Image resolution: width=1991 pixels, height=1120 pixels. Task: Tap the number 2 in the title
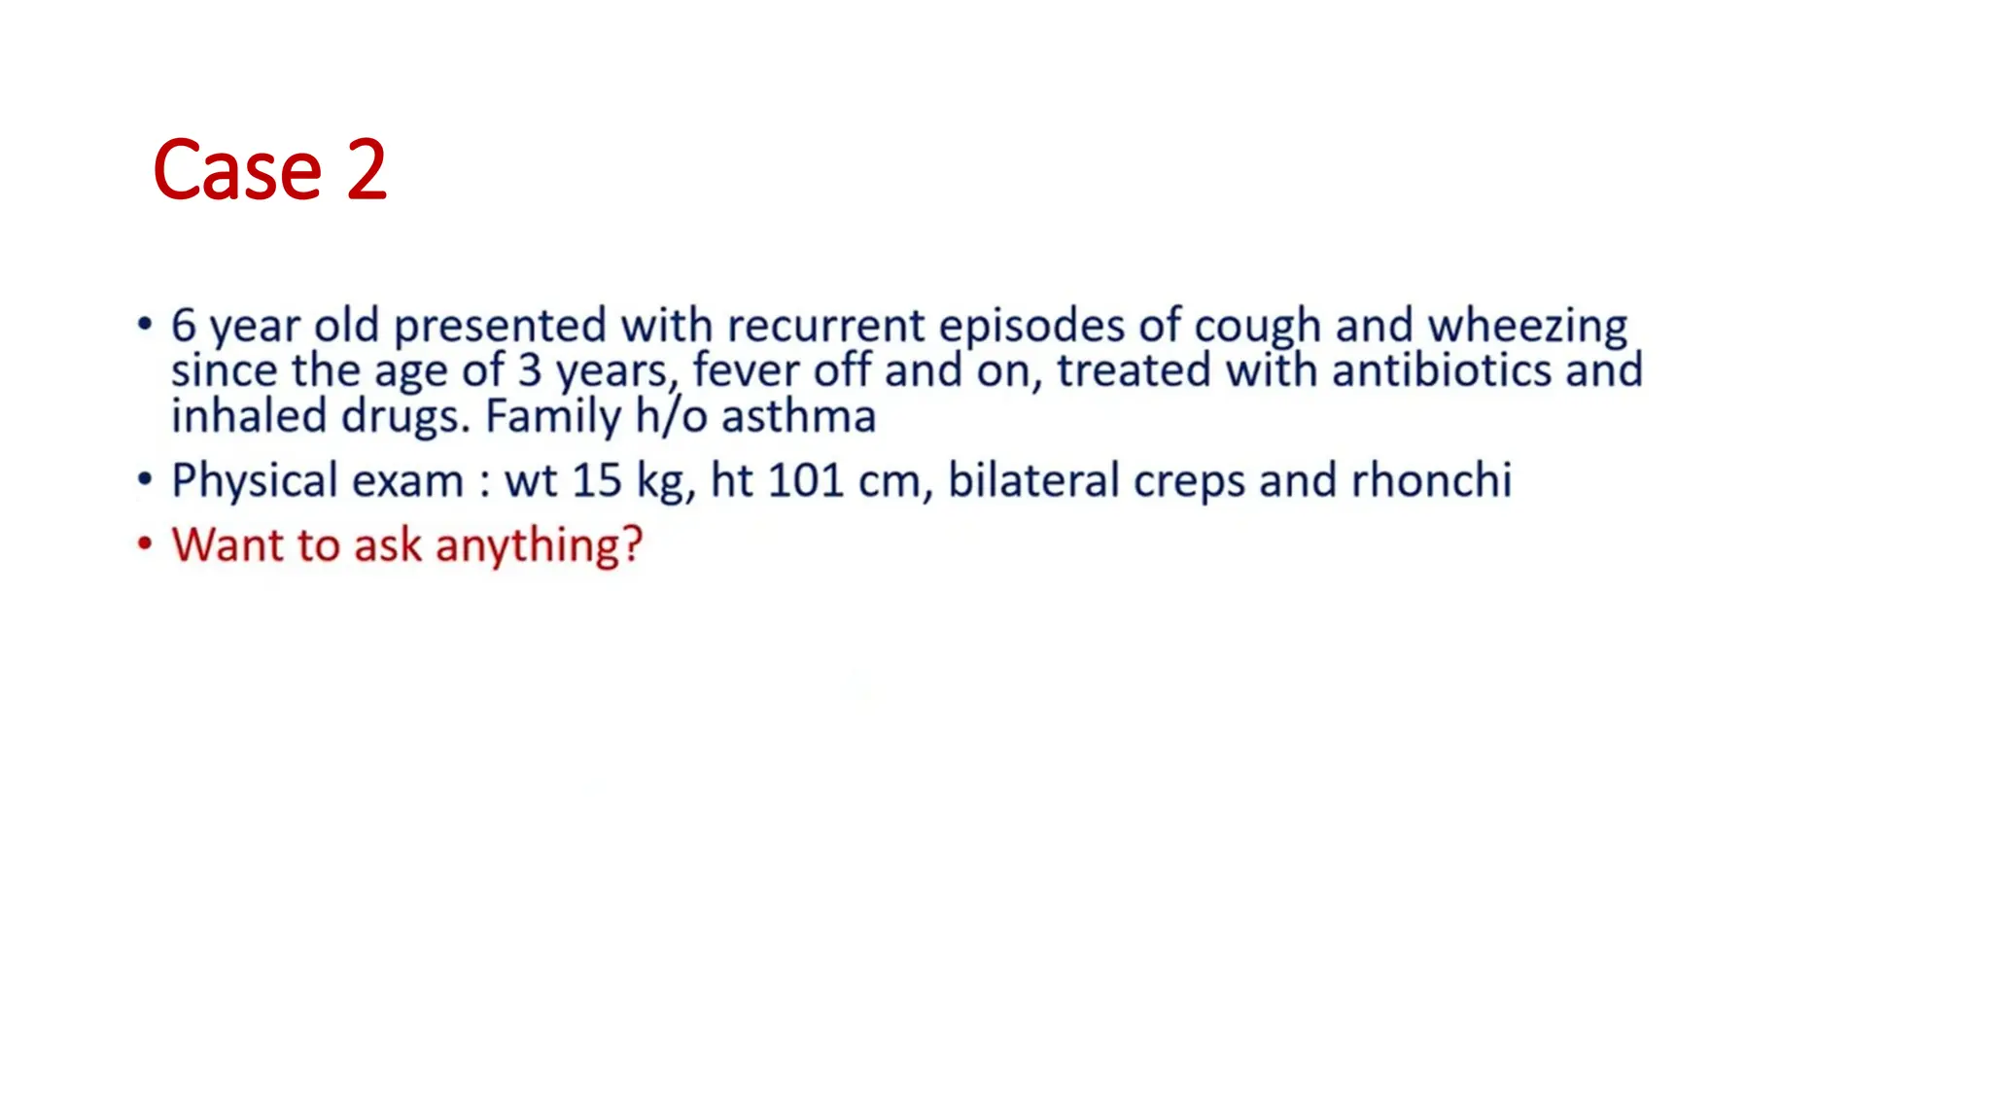[367, 171]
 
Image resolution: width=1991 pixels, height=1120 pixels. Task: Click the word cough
[1257, 327]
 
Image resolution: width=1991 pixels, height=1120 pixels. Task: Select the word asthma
[798, 417]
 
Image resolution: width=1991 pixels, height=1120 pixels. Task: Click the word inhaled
[249, 417]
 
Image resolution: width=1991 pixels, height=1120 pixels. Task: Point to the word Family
[552, 417]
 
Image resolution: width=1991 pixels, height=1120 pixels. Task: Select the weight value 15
[596, 481]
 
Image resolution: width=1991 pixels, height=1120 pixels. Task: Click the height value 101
[805, 481]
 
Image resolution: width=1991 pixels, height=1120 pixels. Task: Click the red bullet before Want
[145, 543]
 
